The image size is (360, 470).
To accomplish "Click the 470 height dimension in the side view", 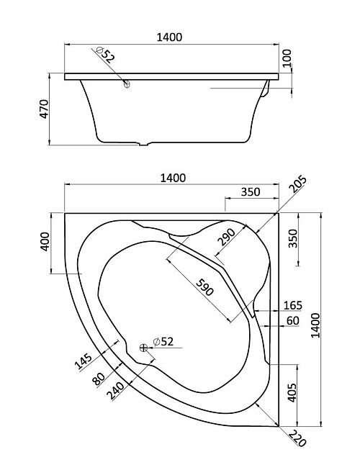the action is pyautogui.click(x=44, y=109).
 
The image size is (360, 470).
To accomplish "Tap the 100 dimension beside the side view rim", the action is pyautogui.click(x=287, y=58).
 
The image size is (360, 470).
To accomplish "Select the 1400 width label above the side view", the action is pyautogui.click(x=170, y=37).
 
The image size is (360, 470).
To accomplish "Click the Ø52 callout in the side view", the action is pyautogui.click(x=106, y=55).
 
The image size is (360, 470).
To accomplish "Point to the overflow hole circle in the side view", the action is pyautogui.click(x=127, y=83).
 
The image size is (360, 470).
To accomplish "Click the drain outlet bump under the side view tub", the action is pyautogui.click(x=145, y=144).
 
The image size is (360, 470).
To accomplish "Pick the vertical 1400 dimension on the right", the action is pyautogui.click(x=315, y=325).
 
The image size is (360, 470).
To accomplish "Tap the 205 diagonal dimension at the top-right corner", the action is pyautogui.click(x=298, y=184).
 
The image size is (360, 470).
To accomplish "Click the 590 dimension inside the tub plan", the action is pyautogui.click(x=205, y=287).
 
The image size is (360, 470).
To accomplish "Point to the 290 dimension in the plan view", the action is pyautogui.click(x=227, y=237).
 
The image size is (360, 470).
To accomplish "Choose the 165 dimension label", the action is pyautogui.click(x=293, y=305).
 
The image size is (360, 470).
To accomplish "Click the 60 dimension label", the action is pyautogui.click(x=293, y=321).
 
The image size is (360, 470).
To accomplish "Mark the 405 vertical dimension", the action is pyautogui.click(x=292, y=393).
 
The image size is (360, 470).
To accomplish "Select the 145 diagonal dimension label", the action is pyautogui.click(x=83, y=361).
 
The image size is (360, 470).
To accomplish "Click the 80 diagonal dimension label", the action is pyautogui.click(x=99, y=379).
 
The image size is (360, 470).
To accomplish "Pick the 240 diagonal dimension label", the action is pyautogui.click(x=117, y=391).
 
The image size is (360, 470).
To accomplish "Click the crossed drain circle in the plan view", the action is pyautogui.click(x=143, y=348).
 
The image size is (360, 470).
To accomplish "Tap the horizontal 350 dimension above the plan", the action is pyautogui.click(x=251, y=192).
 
